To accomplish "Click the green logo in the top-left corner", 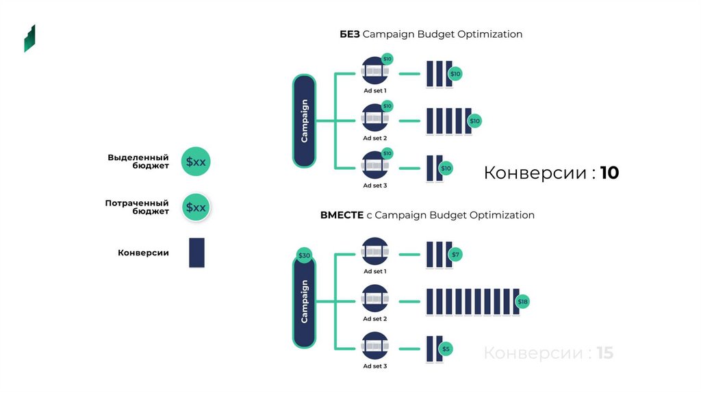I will pyautogui.click(x=29, y=38).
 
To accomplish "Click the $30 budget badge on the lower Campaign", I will pyautogui.click(x=304, y=255).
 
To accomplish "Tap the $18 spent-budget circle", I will pyautogui.click(x=522, y=301).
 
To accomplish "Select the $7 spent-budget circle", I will pyautogui.click(x=456, y=255).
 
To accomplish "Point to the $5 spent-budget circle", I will pyautogui.click(x=446, y=349).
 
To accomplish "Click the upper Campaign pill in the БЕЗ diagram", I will pyautogui.click(x=305, y=121).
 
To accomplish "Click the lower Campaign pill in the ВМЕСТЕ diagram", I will pyautogui.click(x=305, y=301).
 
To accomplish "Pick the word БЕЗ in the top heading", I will pyautogui.click(x=350, y=34).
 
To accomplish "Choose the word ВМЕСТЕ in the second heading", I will pyautogui.click(x=342, y=215).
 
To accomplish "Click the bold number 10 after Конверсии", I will pyautogui.click(x=609, y=173).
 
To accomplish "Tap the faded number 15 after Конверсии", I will pyautogui.click(x=605, y=353).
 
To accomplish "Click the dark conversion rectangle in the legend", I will pyautogui.click(x=196, y=253).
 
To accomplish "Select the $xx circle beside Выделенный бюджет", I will pyautogui.click(x=196, y=162).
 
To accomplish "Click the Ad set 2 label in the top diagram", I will pyautogui.click(x=375, y=138).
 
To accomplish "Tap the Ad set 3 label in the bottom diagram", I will pyautogui.click(x=375, y=366).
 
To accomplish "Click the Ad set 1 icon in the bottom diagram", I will pyautogui.click(x=375, y=251).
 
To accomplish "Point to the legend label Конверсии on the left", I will pyautogui.click(x=143, y=253).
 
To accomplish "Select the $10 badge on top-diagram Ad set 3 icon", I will pyautogui.click(x=387, y=153).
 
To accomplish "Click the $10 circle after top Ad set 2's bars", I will pyautogui.click(x=475, y=121).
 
